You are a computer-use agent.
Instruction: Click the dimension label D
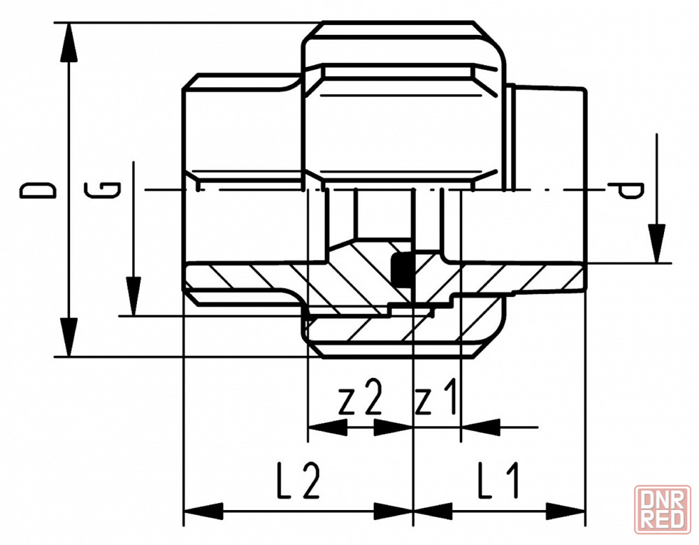(x=38, y=189)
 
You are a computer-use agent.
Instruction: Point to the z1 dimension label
(x=436, y=396)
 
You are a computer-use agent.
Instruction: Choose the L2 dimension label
(x=298, y=481)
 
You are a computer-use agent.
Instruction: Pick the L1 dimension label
(x=498, y=481)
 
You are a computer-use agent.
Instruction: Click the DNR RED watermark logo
(x=662, y=509)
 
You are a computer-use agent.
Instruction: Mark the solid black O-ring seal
(x=402, y=270)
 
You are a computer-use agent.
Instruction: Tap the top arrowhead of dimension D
(x=69, y=42)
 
